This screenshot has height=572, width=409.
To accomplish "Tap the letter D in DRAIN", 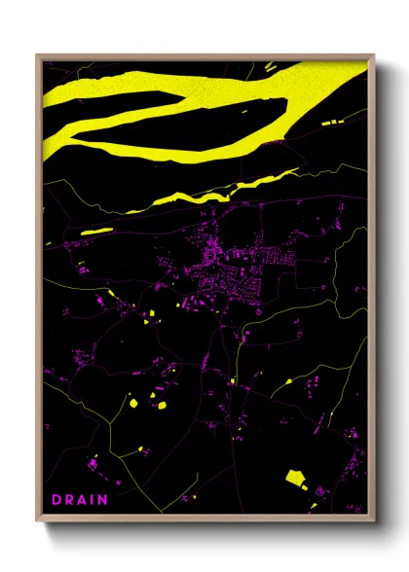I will (56, 499).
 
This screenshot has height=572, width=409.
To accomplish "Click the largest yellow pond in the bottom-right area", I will (295, 477).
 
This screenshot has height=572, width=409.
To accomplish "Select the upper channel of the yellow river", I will (243, 88).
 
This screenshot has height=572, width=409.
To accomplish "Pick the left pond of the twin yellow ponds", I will (132, 402).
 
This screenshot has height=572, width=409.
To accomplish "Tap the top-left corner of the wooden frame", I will (38, 56).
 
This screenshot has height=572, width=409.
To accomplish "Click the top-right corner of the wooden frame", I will (374, 56).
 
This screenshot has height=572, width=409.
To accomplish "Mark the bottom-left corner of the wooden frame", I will (38, 518).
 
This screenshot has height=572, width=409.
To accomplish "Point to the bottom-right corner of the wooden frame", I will (374, 518).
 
